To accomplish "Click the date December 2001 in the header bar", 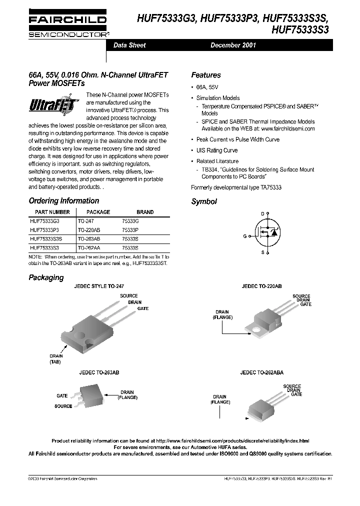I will [233, 45].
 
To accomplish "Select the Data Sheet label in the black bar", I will [129, 45].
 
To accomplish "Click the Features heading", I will [205, 75].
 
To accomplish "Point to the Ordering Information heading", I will [63, 201].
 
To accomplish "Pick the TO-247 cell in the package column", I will [85, 220].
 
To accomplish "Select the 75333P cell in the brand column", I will [130, 229].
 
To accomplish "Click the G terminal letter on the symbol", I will [245, 235].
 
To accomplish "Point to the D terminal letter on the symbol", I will [262, 213].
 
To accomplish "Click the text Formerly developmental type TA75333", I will [236, 187].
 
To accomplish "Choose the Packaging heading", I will [46, 277].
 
